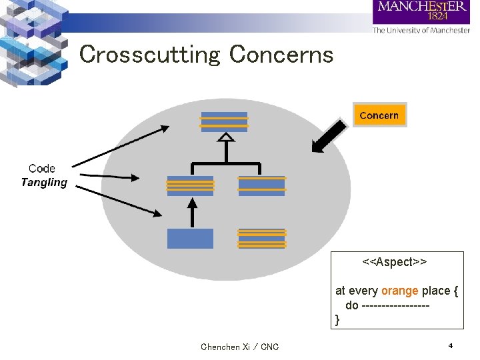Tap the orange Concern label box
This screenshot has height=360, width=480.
coord(379,115)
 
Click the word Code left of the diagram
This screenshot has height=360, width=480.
coord(42,169)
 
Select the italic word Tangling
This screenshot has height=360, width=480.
coord(44,183)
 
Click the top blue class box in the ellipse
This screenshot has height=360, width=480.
coord(224,121)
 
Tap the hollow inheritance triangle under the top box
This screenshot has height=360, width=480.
coord(227,138)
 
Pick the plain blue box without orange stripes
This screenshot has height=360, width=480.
coord(190,238)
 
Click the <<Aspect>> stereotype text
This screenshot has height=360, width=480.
coord(394,262)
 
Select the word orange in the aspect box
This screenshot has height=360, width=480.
coord(400,291)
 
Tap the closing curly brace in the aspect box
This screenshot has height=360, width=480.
coord(337,320)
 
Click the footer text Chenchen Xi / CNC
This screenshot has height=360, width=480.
coord(240,347)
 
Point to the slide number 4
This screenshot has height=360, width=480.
coord(451,346)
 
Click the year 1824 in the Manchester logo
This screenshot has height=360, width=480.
coord(437,17)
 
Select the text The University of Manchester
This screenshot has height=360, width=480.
coord(421,30)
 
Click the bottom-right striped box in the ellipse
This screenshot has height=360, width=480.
coord(261,238)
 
